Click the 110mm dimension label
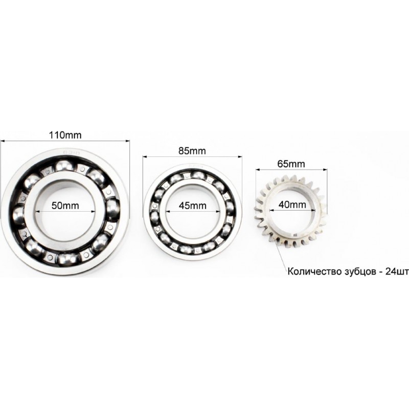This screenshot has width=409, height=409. (x=65, y=135)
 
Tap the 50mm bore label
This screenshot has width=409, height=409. (x=65, y=206)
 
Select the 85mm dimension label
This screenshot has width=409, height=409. (x=192, y=151)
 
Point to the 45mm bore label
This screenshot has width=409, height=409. (x=193, y=206)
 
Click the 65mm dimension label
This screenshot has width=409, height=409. (x=291, y=164)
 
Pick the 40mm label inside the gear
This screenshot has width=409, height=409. (x=292, y=204)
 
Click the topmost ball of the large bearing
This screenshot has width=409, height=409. (x=64, y=166)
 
